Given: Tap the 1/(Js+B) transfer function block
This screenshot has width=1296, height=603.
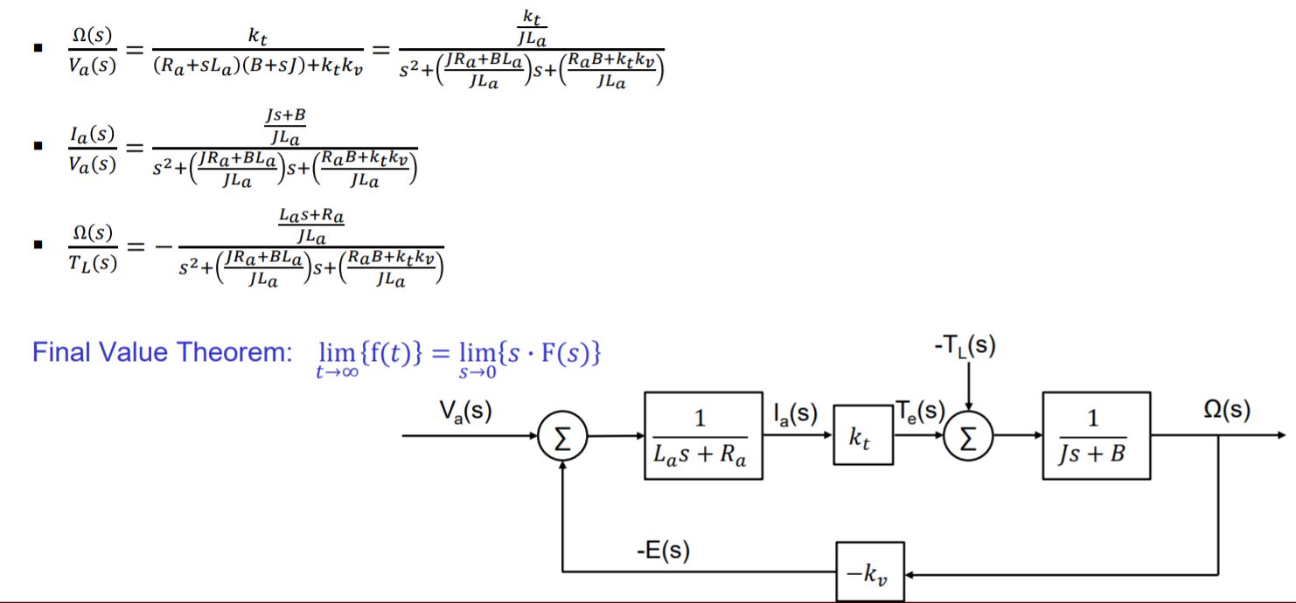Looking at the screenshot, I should pos(1095,436).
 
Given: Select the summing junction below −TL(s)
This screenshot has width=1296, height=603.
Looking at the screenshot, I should pos(968,436).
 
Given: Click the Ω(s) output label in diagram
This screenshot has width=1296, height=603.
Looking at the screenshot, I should pos(1226,410).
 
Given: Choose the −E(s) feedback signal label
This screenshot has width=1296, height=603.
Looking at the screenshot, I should pos(663,551).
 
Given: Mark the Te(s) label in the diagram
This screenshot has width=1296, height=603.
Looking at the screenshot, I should pos(918,411).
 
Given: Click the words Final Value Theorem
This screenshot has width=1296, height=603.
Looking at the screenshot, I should pos(160,353).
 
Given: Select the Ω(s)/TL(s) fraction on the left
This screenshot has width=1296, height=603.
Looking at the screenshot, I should pos(92,248).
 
